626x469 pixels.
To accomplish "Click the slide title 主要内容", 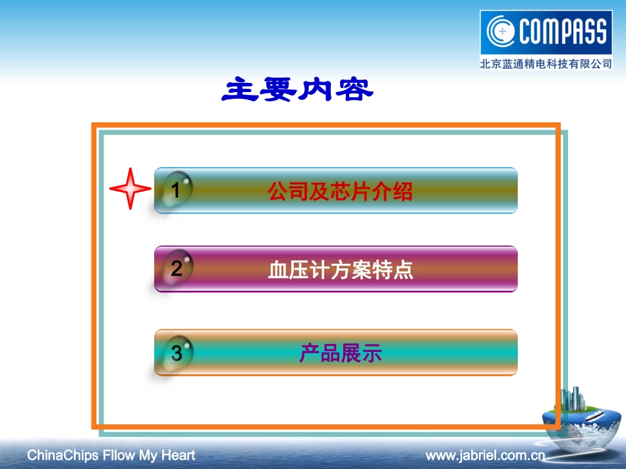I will [x=297, y=90].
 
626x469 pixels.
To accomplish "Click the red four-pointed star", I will [x=130, y=189].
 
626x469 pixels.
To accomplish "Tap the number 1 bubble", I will [x=176, y=190].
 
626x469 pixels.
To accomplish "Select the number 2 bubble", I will [x=177, y=268].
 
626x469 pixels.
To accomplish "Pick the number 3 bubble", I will [x=177, y=353].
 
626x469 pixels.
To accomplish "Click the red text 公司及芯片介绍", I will [x=339, y=191].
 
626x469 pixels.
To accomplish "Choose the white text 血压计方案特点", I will [x=340, y=270].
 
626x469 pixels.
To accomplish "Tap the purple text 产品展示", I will [x=340, y=354].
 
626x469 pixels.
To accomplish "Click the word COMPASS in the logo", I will [x=563, y=32].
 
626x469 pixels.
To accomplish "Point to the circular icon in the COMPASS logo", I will [x=502, y=32].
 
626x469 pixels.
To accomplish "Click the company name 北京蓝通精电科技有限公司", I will [x=546, y=64].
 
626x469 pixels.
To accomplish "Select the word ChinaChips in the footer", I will [x=63, y=455].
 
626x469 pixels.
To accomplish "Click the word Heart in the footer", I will [x=177, y=455].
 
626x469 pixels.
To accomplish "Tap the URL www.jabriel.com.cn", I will [x=485, y=455].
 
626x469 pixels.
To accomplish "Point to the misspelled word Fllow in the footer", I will [x=119, y=455].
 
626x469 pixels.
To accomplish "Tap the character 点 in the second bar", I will [x=403, y=270].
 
